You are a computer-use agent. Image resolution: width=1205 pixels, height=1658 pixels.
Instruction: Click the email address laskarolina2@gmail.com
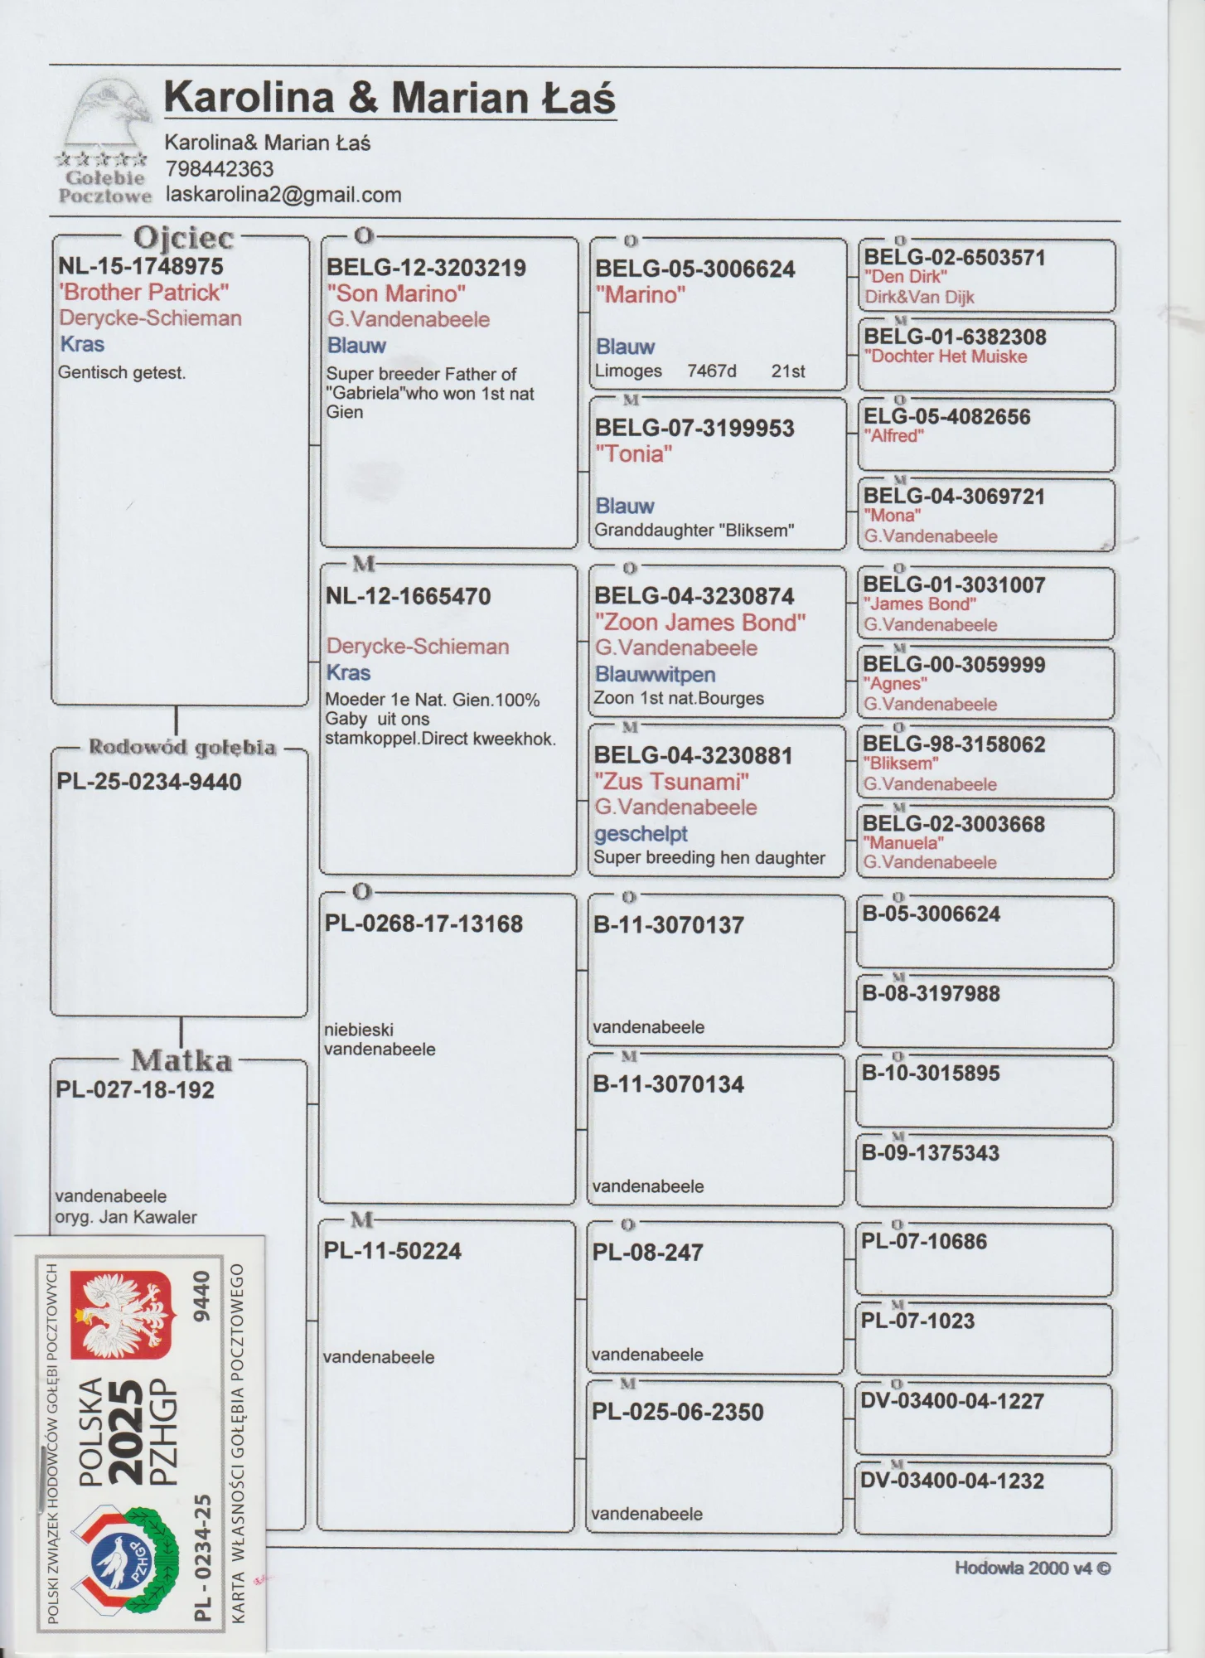[283, 195]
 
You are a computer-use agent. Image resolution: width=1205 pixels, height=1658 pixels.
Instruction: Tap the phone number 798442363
[219, 169]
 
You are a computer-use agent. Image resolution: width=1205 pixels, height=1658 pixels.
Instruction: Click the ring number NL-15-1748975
[140, 266]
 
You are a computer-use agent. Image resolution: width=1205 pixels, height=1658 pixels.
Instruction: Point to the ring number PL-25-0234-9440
[149, 782]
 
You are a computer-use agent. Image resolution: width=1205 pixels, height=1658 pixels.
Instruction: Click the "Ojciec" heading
[183, 238]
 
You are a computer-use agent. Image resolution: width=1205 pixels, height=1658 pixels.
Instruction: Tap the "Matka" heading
[181, 1060]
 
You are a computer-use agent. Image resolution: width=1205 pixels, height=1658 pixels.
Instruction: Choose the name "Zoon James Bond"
[699, 623]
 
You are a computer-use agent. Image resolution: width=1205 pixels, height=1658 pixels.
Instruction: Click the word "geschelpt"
[641, 833]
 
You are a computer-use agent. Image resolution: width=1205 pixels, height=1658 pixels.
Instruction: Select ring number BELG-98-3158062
[954, 744]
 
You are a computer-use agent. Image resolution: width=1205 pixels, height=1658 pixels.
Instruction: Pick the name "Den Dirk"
[905, 277]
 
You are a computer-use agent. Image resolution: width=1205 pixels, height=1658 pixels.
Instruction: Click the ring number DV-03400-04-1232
[951, 1481]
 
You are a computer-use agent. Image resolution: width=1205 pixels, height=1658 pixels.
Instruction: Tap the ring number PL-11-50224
[392, 1251]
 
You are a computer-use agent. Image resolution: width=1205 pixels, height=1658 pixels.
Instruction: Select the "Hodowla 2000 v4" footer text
[1032, 1568]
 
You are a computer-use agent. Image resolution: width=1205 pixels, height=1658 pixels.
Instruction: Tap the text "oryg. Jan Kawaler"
[126, 1217]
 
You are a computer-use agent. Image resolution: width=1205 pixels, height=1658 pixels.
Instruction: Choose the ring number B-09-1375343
[930, 1152]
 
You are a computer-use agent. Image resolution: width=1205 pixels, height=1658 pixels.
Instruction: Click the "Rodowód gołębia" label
[181, 747]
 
